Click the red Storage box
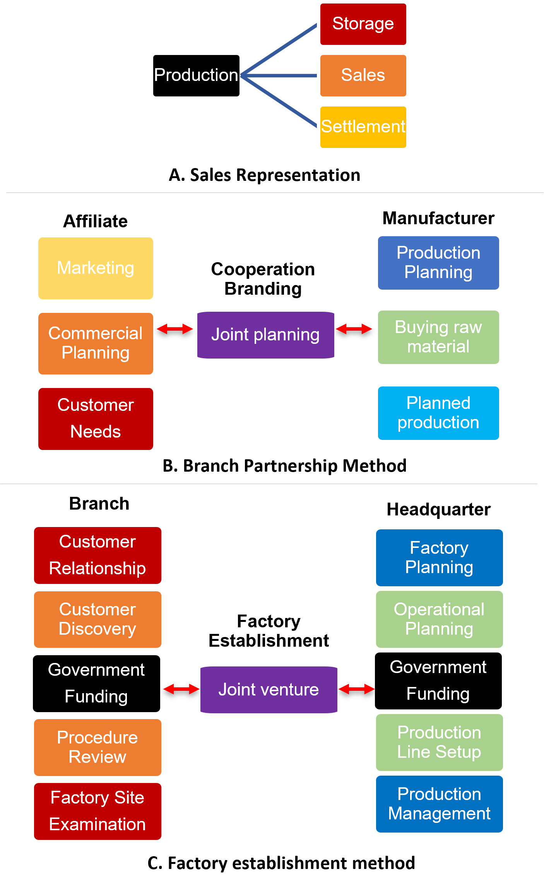tap(363, 24)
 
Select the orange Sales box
tap(363, 75)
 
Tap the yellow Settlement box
tap(363, 127)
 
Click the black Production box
tap(196, 75)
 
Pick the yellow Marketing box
tap(96, 268)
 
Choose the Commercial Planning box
tap(96, 343)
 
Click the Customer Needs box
tap(96, 418)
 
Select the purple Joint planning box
tap(265, 335)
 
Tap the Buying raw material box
tap(438, 337)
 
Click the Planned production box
tap(438, 413)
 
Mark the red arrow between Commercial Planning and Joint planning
tap(175, 329)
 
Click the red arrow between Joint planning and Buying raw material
tap(354, 329)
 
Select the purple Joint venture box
tap(269, 690)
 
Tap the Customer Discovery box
tap(98, 619)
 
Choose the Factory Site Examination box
tap(98, 811)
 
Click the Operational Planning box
tap(439, 619)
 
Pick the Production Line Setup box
tap(439, 742)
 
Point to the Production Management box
tap(439, 804)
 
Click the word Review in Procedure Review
tap(98, 757)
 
